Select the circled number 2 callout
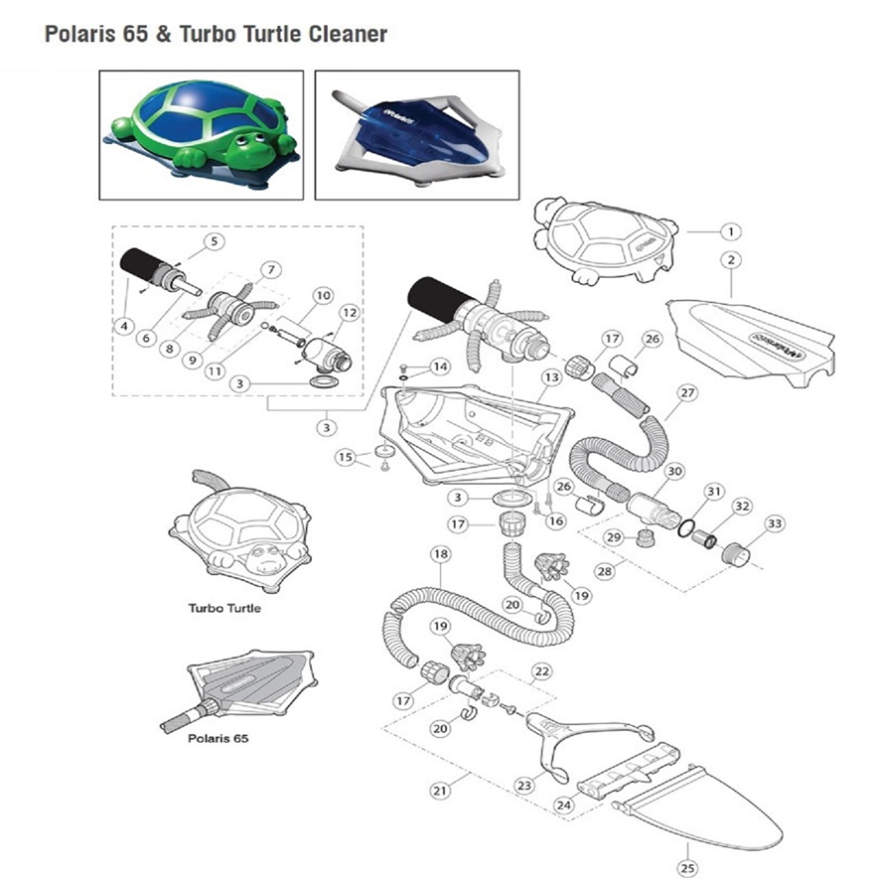(x=730, y=261)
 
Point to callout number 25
(x=687, y=866)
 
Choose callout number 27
(x=684, y=391)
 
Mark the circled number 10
(x=322, y=296)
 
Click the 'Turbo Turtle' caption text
(x=224, y=608)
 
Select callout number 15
(x=345, y=457)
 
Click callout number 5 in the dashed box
(x=215, y=240)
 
